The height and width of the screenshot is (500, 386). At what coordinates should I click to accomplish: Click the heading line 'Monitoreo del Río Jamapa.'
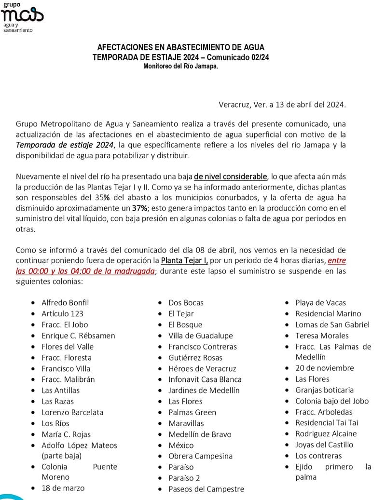pos(180,66)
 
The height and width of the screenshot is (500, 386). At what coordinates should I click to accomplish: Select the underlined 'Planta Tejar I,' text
pos(184,260)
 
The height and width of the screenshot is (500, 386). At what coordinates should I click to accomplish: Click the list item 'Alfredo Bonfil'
pos(65,303)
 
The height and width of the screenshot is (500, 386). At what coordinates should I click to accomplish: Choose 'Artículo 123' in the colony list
pos(62,314)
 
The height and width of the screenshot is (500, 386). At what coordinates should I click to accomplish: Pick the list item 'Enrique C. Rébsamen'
pos(78,336)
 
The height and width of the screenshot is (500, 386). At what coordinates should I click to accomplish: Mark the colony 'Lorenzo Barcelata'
pos(72,412)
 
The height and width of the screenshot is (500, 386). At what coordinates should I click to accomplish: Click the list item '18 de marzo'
pos(63,488)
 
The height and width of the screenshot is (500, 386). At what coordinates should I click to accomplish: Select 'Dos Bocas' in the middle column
pos(186,303)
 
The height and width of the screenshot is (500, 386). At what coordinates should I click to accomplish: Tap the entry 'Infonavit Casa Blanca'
pos(205,379)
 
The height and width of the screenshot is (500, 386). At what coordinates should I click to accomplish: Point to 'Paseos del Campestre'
pos(206,489)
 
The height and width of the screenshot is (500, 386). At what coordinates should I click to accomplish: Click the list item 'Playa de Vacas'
pos(320,303)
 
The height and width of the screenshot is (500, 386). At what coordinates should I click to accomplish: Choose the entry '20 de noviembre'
pos(324,368)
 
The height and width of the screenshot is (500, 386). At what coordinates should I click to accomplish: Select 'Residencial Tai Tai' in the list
pos(327,423)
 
